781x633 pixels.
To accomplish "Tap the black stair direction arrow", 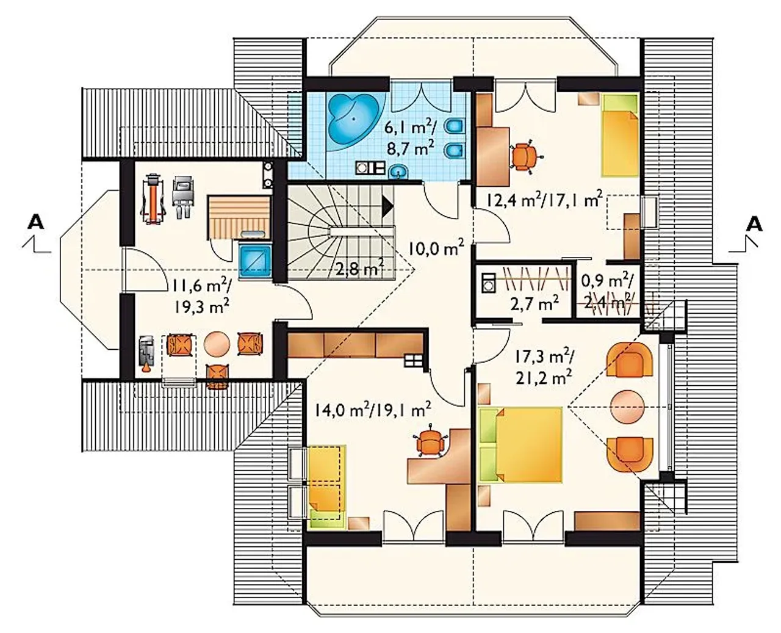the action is click(388, 207).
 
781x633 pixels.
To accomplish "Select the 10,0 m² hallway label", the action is click(436, 248).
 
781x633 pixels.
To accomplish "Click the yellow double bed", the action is click(520, 444).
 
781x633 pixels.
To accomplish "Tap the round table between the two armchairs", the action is click(627, 407).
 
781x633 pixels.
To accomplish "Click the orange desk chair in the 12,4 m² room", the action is click(527, 156).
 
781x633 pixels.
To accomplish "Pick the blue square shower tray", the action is click(255, 261).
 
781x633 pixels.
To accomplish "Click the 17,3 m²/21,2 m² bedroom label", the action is click(544, 367).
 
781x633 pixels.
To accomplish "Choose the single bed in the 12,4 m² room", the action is click(620, 134).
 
